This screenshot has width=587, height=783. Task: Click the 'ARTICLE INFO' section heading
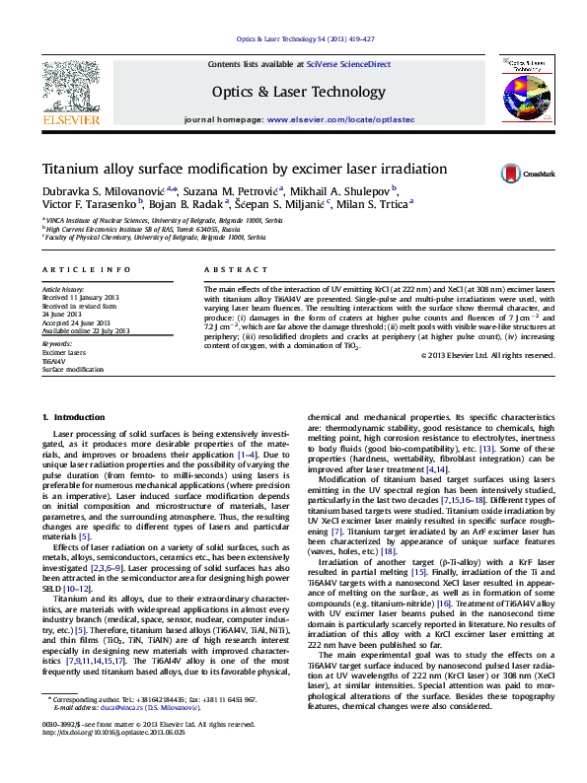87,269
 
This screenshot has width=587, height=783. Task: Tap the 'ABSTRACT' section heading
229,269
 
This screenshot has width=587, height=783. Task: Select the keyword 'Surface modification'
72,369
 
